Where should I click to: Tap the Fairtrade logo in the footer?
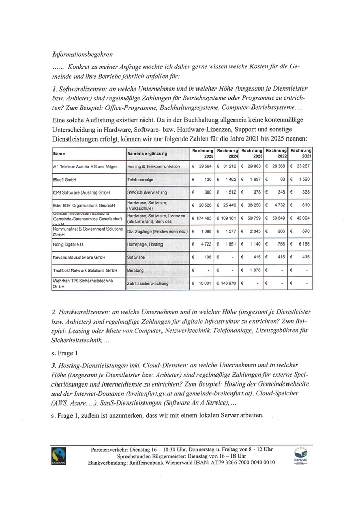pyautogui.click(x=58, y=456)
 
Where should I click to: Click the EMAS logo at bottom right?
pyautogui.click(x=300, y=456)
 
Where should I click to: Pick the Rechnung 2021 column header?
pyautogui.click(x=300, y=153)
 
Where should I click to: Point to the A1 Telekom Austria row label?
pyautogui.click(x=85, y=167)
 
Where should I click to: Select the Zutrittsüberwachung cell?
pyautogui.click(x=148, y=283)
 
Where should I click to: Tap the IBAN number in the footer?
pyautogui.click(x=234, y=462)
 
